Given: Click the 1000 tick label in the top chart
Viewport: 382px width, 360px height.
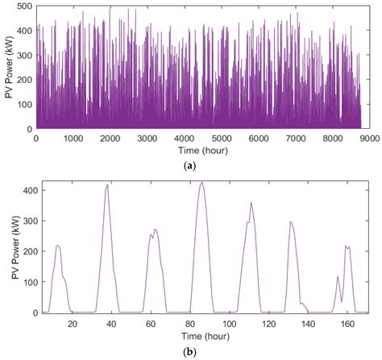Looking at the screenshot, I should pos(73,138).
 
